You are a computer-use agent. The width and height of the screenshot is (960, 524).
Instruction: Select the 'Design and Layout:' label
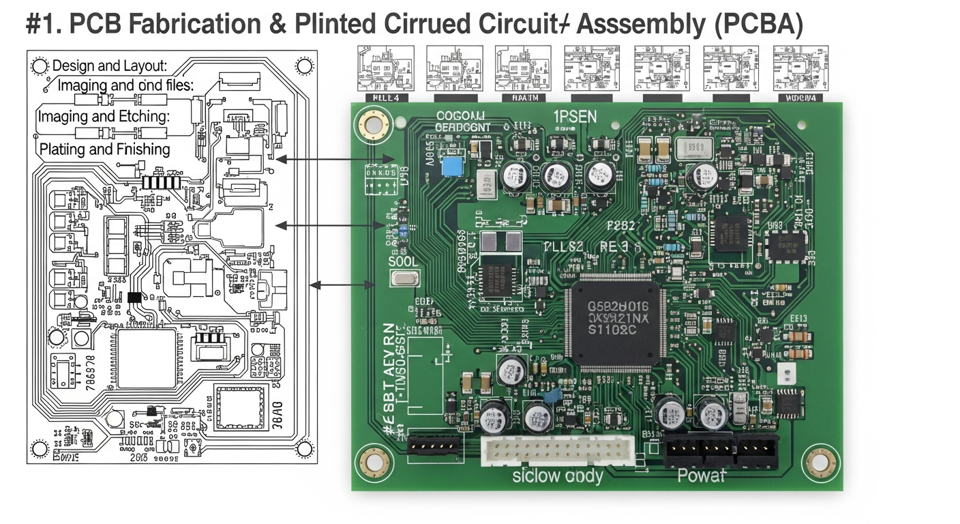tap(110, 66)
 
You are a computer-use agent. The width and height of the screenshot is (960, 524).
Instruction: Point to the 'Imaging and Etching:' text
tap(103, 117)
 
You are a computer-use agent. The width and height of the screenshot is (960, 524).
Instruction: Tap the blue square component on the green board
tap(450, 167)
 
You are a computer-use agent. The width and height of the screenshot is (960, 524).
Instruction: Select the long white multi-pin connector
tap(557, 450)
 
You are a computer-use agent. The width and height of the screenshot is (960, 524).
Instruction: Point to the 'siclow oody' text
tap(558, 476)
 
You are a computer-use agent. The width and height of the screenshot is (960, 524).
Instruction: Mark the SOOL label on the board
tap(403, 261)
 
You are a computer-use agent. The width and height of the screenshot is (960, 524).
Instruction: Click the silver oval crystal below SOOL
tap(404, 278)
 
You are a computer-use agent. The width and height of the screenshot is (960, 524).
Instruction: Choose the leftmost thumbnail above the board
tap(386, 68)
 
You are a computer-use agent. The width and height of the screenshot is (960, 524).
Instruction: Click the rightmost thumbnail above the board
tap(800, 68)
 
